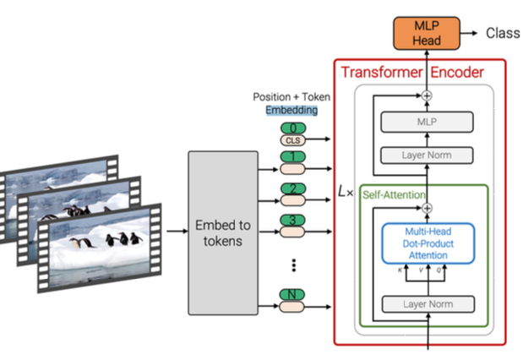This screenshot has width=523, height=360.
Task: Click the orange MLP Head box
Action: tap(427, 32)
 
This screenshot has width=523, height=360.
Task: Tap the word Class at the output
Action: tap(502, 33)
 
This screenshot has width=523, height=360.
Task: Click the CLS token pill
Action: tap(291, 141)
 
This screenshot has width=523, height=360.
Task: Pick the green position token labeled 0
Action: tap(291, 128)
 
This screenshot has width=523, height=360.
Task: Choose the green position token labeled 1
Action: tap(291, 157)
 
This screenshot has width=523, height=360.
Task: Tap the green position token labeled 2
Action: tap(291, 189)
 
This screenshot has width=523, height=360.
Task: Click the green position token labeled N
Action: tap(291, 294)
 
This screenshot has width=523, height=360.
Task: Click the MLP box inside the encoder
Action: tap(427, 123)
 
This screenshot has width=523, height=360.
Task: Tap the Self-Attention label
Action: tap(392, 194)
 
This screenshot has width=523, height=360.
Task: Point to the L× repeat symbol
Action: tap(345, 192)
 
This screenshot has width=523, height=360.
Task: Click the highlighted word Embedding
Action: tap(291, 110)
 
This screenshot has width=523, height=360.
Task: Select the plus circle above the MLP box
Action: tap(427, 96)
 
